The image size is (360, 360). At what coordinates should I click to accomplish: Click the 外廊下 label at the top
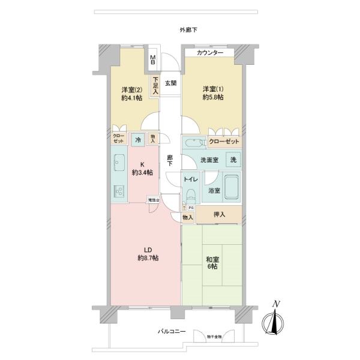coord(188,30)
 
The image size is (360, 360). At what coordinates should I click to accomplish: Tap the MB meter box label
coord(153,60)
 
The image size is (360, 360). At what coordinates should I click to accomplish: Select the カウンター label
coord(210,53)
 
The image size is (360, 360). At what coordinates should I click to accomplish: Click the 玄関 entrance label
coord(170,83)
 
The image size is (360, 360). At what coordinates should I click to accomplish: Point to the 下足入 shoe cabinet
coord(155,86)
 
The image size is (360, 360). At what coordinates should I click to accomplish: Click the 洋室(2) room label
coord(131,91)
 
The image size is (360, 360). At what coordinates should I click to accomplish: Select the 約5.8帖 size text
coord(212,97)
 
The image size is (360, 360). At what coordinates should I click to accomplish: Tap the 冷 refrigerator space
coord(137,140)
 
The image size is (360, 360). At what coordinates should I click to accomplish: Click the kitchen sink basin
coord(118,161)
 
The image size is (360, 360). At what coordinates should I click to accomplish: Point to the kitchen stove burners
coord(118,191)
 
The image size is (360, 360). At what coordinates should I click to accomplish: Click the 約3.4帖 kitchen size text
coord(143,173)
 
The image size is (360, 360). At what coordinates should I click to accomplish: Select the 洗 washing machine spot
coord(234,160)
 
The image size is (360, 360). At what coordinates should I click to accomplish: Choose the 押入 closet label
coord(220,215)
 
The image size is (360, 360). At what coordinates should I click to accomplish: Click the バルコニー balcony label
coord(172,331)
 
